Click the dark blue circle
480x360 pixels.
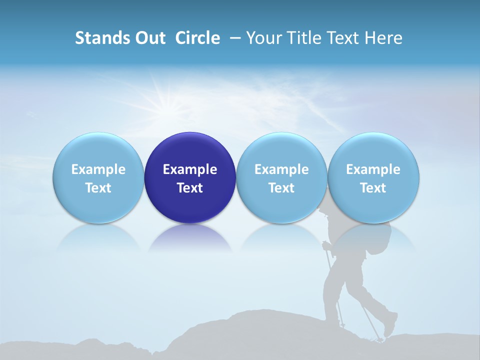[x=190, y=177]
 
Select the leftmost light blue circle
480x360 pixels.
[x=98, y=177]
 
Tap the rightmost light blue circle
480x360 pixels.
[x=373, y=177]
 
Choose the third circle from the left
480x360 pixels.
[x=281, y=177]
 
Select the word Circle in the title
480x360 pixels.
[x=197, y=38]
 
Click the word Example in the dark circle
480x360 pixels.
[x=190, y=169]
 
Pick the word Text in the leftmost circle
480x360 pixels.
[x=98, y=188]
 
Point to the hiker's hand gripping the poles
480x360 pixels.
[x=326, y=245]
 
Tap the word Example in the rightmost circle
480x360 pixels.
[x=373, y=169]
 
